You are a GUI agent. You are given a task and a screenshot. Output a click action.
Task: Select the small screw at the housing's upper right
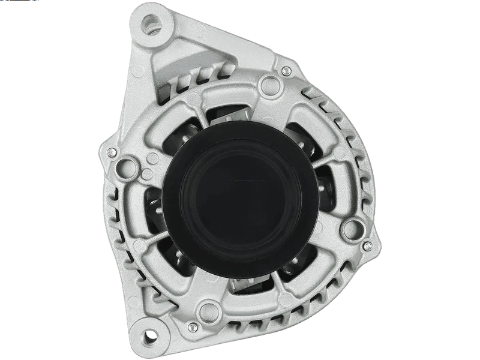[x=286, y=73]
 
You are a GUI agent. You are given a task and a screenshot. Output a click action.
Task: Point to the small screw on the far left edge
[x=112, y=153]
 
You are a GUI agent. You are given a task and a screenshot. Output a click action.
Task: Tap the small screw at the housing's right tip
[x=367, y=246]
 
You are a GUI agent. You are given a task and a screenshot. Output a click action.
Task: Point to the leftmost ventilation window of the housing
[x=153, y=204]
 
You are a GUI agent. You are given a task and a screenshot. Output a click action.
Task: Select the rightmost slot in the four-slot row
[x=227, y=71]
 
